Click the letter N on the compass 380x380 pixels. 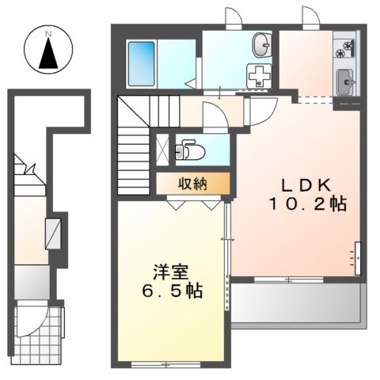coord(47,34)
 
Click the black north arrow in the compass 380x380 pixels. coord(47,53)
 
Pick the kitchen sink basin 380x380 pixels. coord(345,82)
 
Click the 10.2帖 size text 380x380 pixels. coord(307,204)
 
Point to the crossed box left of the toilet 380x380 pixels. coord(162,147)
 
